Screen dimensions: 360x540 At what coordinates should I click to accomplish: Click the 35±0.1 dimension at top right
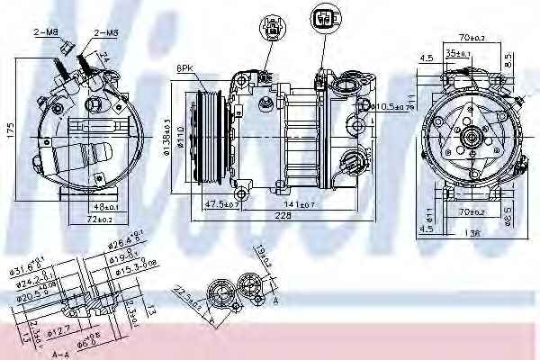(x=463, y=55)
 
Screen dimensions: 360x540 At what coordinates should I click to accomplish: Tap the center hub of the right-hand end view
(x=472, y=141)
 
